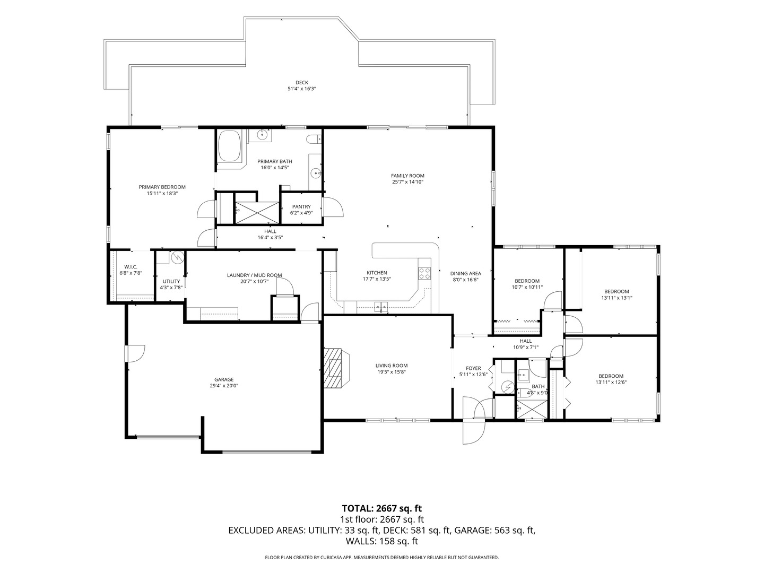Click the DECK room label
coord(301,82)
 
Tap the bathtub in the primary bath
coord(229,146)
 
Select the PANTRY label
coord(301,207)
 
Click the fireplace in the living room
coord(336,368)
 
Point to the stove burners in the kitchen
coord(424,273)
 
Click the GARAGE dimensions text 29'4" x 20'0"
coord(224,386)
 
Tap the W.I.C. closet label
coord(131,267)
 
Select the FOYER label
coord(473,368)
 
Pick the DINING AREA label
coord(465,273)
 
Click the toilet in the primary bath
coord(314,139)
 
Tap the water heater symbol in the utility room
coord(178,257)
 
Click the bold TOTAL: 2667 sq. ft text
coord(382,508)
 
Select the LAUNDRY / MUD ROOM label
coord(255,275)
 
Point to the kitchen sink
coord(381,307)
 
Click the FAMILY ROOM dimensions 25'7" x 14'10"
coord(407,181)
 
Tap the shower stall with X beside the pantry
coord(257,213)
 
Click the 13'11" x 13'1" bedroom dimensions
coord(617,298)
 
